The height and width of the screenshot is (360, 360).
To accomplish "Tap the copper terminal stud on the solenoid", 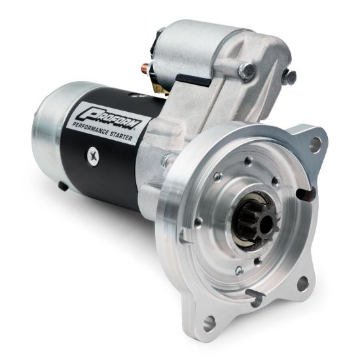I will click(144, 67).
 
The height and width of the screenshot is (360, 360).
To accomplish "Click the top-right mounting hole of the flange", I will click(315, 145).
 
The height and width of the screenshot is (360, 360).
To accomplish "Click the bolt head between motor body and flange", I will click(168, 159).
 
